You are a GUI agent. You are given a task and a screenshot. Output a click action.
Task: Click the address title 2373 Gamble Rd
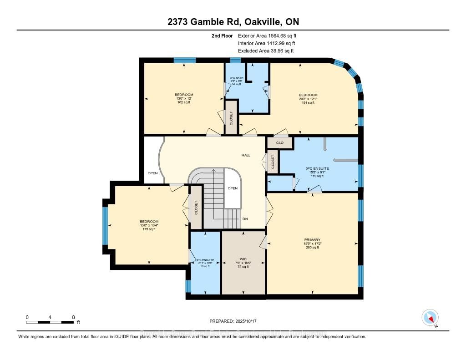click(233, 22)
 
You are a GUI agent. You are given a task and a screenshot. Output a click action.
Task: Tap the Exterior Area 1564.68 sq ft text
click(267, 35)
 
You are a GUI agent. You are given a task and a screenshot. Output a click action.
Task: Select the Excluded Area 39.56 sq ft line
click(266, 51)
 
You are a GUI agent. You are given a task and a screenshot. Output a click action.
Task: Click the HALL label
click(246, 155)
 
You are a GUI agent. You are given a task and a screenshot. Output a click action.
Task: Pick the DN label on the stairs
click(245, 219)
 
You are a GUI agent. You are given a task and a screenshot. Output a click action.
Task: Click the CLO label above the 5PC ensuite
click(279, 142)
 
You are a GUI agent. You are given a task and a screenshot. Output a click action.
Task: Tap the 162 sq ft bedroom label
click(184, 98)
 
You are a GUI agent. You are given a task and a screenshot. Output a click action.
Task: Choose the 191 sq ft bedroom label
click(308, 99)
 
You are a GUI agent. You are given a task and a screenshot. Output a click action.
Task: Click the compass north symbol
click(430, 317)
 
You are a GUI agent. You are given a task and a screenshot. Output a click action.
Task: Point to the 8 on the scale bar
click(73, 317)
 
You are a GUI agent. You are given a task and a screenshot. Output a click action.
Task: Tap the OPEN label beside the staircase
click(233, 188)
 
